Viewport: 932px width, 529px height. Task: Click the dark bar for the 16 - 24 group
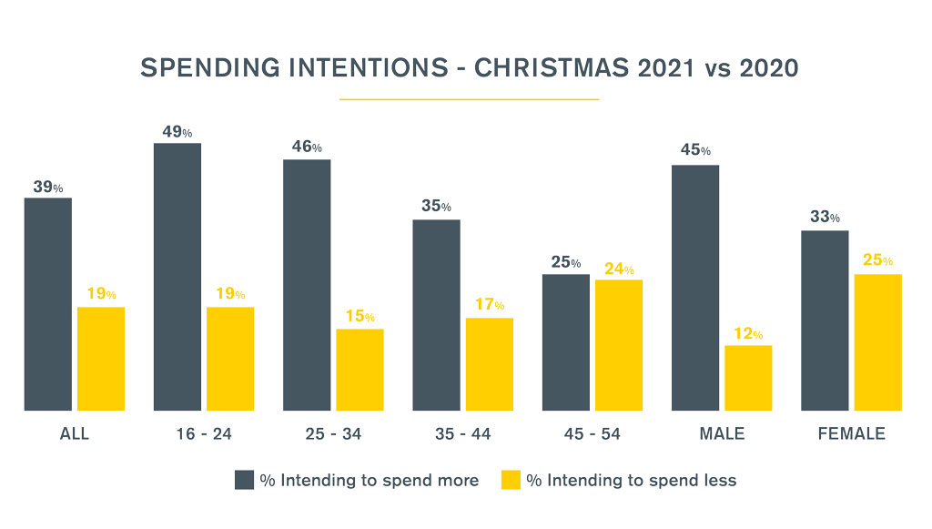click(x=177, y=277)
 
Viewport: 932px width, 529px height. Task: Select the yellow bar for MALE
click(x=748, y=378)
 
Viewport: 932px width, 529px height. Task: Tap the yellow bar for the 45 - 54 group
click(x=619, y=345)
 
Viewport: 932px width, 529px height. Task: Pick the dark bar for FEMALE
click(x=825, y=320)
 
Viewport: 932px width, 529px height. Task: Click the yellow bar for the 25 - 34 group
click(x=360, y=370)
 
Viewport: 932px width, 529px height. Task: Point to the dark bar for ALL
click(x=48, y=304)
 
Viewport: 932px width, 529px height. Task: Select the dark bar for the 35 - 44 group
click(x=436, y=315)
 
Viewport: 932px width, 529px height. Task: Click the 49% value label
click(x=177, y=132)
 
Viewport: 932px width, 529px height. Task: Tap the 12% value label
click(x=747, y=334)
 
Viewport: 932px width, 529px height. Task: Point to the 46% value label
click(x=307, y=148)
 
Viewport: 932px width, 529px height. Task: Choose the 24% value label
click(x=618, y=269)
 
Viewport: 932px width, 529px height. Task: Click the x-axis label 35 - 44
click(x=462, y=434)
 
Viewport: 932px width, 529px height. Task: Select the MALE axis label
click(x=722, y=434)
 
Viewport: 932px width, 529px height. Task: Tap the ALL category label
click(x=75, y=434)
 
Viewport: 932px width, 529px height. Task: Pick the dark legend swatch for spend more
click(x=244, y=480)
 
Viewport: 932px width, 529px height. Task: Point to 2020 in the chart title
click(x=765, y=69)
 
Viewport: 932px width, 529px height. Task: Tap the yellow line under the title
click(x=469, y=98)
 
